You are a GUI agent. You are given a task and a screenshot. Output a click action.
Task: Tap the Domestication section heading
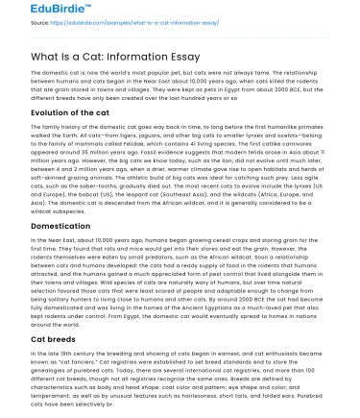pyautogui.click(x=45, y=228)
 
